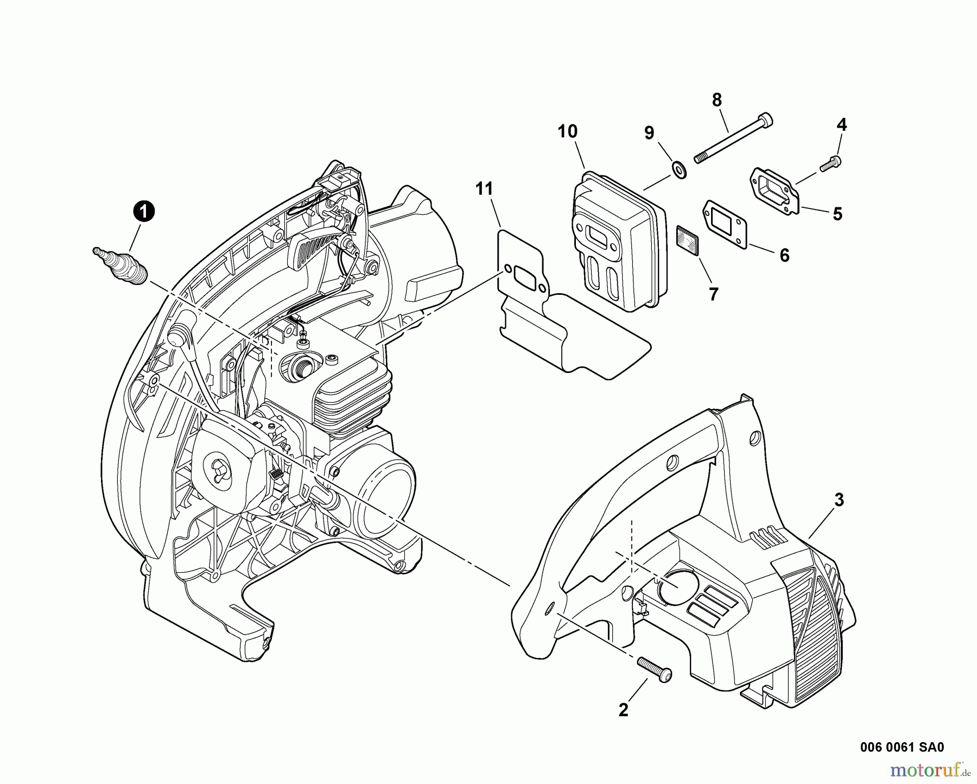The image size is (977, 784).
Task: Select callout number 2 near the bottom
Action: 623,710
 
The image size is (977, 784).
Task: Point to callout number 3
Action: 839,500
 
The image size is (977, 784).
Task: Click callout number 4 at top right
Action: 841,125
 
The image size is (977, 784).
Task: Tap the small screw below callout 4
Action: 831,163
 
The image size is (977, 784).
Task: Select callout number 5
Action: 838,214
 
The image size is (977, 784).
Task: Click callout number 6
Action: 784,255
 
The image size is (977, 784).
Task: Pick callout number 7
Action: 713,294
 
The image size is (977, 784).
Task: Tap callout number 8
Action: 717,100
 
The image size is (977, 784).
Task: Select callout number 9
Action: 649,132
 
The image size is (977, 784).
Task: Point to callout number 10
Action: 567,131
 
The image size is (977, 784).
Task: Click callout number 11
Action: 484,189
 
